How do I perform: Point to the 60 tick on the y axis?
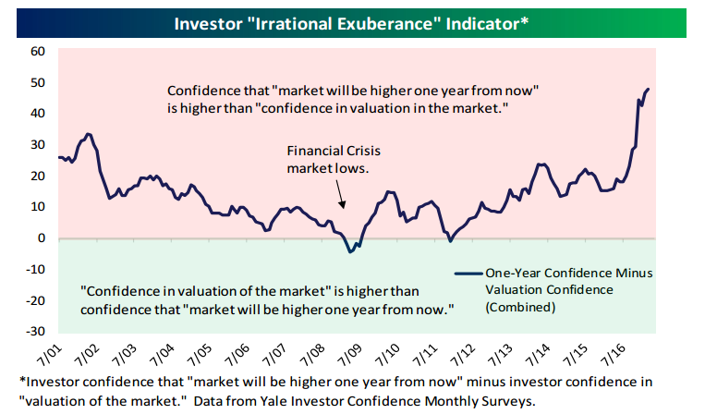tap(38, 51)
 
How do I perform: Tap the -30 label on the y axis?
tap(35, 331)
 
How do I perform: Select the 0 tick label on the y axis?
tap(42, 237)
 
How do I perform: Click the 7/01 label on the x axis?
tap(50, 355)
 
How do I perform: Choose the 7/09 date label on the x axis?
tap(350, 355)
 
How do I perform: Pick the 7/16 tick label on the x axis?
tap(613, 355)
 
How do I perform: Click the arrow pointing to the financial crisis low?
tap(340, 194)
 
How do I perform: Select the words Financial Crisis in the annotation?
tap(334, 151)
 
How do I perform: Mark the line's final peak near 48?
tap(648, 89)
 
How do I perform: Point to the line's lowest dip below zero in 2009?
tap(350, 251)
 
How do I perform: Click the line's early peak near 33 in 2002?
tap(88, 133)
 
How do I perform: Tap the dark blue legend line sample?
tap(468, 274)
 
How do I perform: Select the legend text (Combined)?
tap(520, 307)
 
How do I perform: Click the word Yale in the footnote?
tap(329, 400)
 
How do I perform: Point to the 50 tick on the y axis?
tap(38, 83)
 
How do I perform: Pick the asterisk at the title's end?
tap(524, 20)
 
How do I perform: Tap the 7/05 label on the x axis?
tap(200, 355)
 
